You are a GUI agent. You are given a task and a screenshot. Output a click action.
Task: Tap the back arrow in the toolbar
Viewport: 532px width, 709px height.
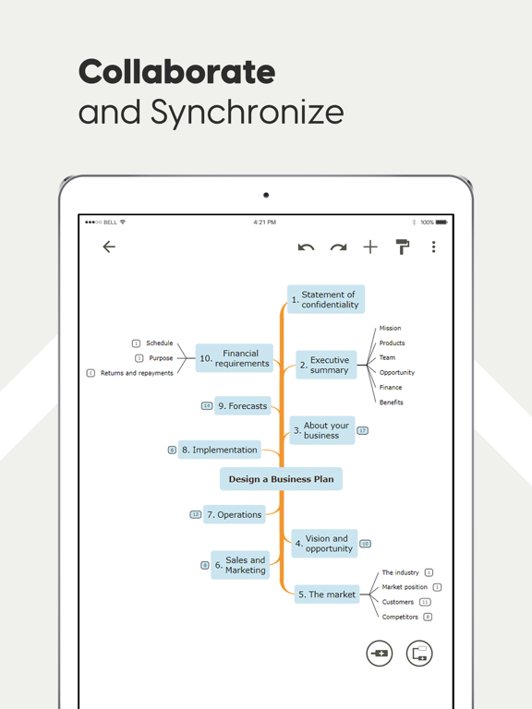click(x=109, y=246)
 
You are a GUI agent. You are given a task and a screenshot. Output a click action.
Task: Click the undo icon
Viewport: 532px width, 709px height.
click(x=306, y=246)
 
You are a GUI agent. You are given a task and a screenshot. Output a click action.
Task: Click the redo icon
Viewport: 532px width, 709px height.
click(x=338, y=246)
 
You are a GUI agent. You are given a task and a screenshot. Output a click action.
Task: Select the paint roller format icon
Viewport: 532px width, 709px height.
click(x=402, y=246)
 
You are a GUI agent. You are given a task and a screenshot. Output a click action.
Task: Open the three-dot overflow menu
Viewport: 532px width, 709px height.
click(x=433, y=246)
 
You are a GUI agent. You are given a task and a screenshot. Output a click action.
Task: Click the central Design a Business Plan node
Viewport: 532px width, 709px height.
click(x=281, y=479)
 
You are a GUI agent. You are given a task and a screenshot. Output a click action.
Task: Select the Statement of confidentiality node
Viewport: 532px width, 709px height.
click(x=326, y=299)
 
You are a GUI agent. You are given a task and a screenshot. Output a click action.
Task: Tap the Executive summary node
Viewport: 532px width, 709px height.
click(x=326, y=365)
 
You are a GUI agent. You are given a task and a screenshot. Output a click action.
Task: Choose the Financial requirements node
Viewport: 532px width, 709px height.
click(x=235, y=358)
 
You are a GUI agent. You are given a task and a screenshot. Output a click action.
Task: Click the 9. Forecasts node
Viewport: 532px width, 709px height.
click(x=243, y=406)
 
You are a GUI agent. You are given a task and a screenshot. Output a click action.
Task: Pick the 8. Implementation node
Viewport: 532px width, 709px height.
click(x=220, y=450)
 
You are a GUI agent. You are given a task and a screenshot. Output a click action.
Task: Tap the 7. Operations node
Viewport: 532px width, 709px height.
click(x=235, y=514)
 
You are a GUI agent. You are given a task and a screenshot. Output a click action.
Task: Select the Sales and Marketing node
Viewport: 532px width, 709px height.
click(x=240, y=565)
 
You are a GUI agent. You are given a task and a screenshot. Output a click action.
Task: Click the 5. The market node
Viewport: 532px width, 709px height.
click(x=327, y=595)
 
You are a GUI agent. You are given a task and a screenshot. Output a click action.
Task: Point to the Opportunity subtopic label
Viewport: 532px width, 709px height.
click(x=397, y=373)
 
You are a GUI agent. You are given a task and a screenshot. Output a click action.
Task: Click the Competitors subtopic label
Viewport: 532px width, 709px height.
click(x=400, y=617)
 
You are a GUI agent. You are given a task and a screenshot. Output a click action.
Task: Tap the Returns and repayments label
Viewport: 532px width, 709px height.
click(x=137, y=373)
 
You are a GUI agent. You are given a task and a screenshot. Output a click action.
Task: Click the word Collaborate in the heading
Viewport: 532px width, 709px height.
click(x=177, y=72)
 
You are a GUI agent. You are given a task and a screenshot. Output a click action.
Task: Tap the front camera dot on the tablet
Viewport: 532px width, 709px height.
click(x=266, y=195)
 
